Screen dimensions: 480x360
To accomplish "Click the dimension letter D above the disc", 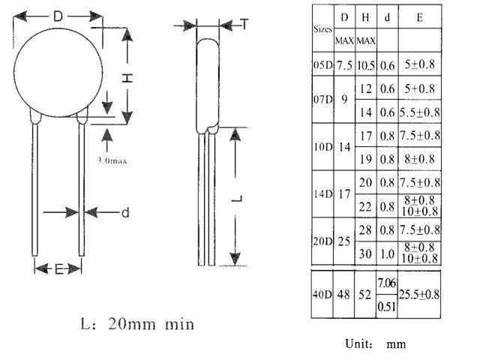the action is point(58,16).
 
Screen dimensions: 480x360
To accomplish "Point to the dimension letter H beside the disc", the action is point(127,78).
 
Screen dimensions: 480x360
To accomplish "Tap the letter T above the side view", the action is point(244,24).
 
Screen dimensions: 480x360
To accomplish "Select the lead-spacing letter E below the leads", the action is point(58,269).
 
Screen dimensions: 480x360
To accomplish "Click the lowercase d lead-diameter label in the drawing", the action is point(125,212).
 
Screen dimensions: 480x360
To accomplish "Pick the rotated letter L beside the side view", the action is point(237,199).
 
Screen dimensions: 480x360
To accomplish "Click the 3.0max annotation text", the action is point(112,160).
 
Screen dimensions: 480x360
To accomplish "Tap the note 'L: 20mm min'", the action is point(137,324).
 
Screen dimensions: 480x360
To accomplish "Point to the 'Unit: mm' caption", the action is point(376,343).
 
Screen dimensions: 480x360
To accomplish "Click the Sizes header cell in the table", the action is point(323,29).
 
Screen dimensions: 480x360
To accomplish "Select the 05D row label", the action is point(322,65).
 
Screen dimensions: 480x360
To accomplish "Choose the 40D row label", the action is point(322,295).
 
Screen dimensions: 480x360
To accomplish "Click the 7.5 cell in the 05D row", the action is point(344,65).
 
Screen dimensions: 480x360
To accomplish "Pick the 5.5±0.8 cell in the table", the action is point(420,112).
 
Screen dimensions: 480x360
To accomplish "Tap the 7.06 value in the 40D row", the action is point(387,283).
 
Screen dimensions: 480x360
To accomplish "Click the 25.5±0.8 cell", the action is point(419,295).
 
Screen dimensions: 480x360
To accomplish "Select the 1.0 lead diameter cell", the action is point(387,253).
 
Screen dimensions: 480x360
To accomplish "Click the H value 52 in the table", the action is point(364,295).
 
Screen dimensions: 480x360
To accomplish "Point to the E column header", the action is point(420,17).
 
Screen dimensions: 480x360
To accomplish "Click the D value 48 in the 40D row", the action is point(343,295).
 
